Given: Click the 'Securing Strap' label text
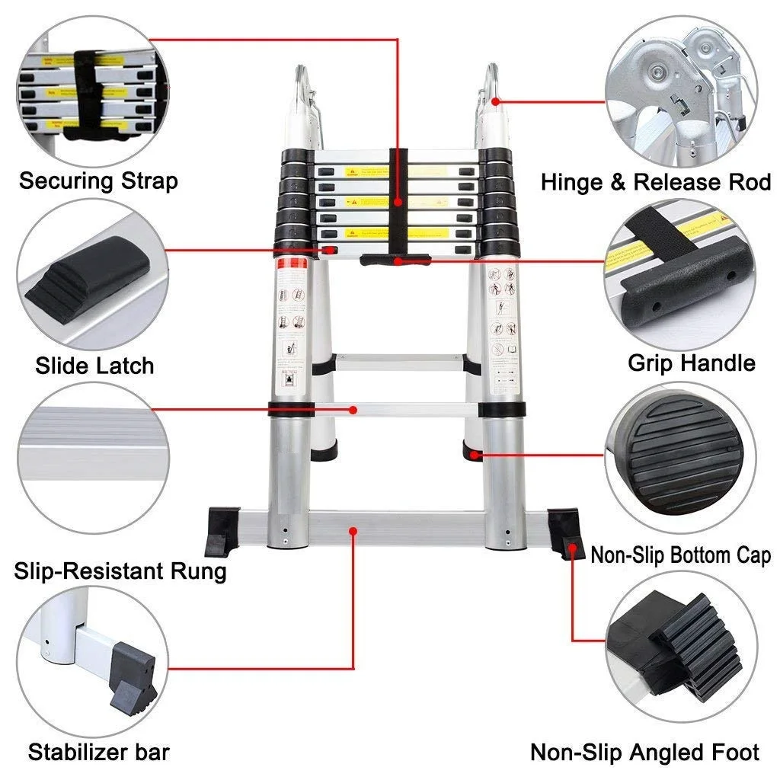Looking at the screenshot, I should click(x=98, y=181).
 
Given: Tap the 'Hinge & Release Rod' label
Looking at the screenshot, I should click(x=656, y=183).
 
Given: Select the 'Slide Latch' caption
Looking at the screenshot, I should click(x=94, y=366).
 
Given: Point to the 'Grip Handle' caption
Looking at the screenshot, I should click(x=691, y=363).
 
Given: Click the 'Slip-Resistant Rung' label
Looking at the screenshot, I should click(x=120, y=571).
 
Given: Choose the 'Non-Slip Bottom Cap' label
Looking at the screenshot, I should click(x=680, y=555).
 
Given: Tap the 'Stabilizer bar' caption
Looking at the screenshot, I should click(x=99, y=753).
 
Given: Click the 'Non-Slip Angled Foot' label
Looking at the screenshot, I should click(x=644, y=753).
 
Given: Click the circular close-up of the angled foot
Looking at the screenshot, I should click(x=686, y=647).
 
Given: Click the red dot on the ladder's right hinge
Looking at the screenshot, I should click(x=496, y=100).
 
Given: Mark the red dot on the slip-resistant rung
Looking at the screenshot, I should click(x=353, y=410).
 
